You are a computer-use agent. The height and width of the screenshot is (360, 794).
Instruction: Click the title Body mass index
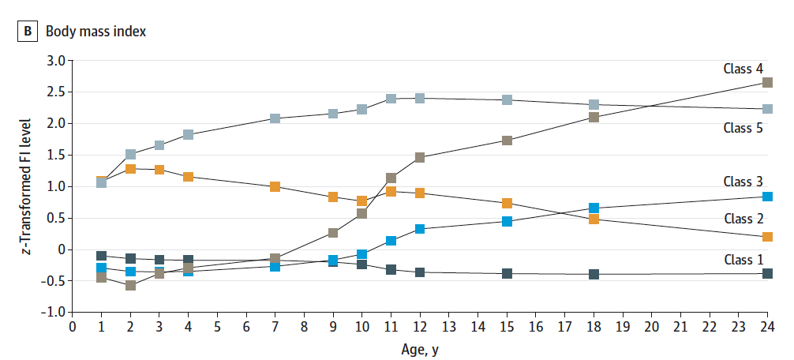pos(96,32)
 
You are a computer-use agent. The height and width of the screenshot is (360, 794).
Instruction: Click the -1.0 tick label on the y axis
pos(54,313)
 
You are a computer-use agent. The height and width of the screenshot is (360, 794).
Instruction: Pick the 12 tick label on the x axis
pos(420,328)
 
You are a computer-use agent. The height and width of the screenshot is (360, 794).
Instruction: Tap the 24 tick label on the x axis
pos(767,328)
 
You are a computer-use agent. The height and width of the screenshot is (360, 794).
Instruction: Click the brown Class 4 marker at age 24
pos(767,82)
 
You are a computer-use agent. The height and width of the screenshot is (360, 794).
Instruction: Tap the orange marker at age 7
pos(275,187)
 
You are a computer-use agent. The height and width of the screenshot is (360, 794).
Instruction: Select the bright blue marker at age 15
pos(507,222)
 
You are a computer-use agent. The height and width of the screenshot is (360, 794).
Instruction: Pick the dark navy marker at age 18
pos(594,275)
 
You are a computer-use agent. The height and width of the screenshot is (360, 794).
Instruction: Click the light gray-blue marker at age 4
pos(188,135)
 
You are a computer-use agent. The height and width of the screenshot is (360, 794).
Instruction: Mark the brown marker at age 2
pos(130,286)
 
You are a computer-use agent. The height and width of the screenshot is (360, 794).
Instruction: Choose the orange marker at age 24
pos(767,237)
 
